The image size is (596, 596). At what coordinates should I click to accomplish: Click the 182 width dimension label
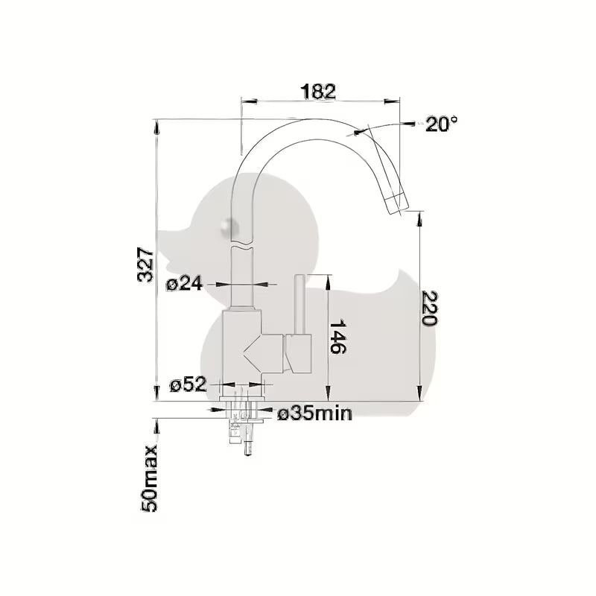coord(318,91)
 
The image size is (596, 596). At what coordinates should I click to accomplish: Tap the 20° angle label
coord(441,124)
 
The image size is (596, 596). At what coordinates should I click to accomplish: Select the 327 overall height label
coord(145,264)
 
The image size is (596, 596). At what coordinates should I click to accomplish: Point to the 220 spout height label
coord(430,308)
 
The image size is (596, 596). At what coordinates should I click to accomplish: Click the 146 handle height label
coord(337,337)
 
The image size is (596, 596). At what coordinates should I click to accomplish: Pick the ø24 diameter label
coord(185,284)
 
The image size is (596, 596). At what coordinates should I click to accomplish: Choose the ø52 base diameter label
coord(188,385)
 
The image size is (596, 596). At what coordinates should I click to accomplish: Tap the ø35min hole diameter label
coord(314,413)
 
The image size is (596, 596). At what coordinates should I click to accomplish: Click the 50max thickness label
coord(149,478)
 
